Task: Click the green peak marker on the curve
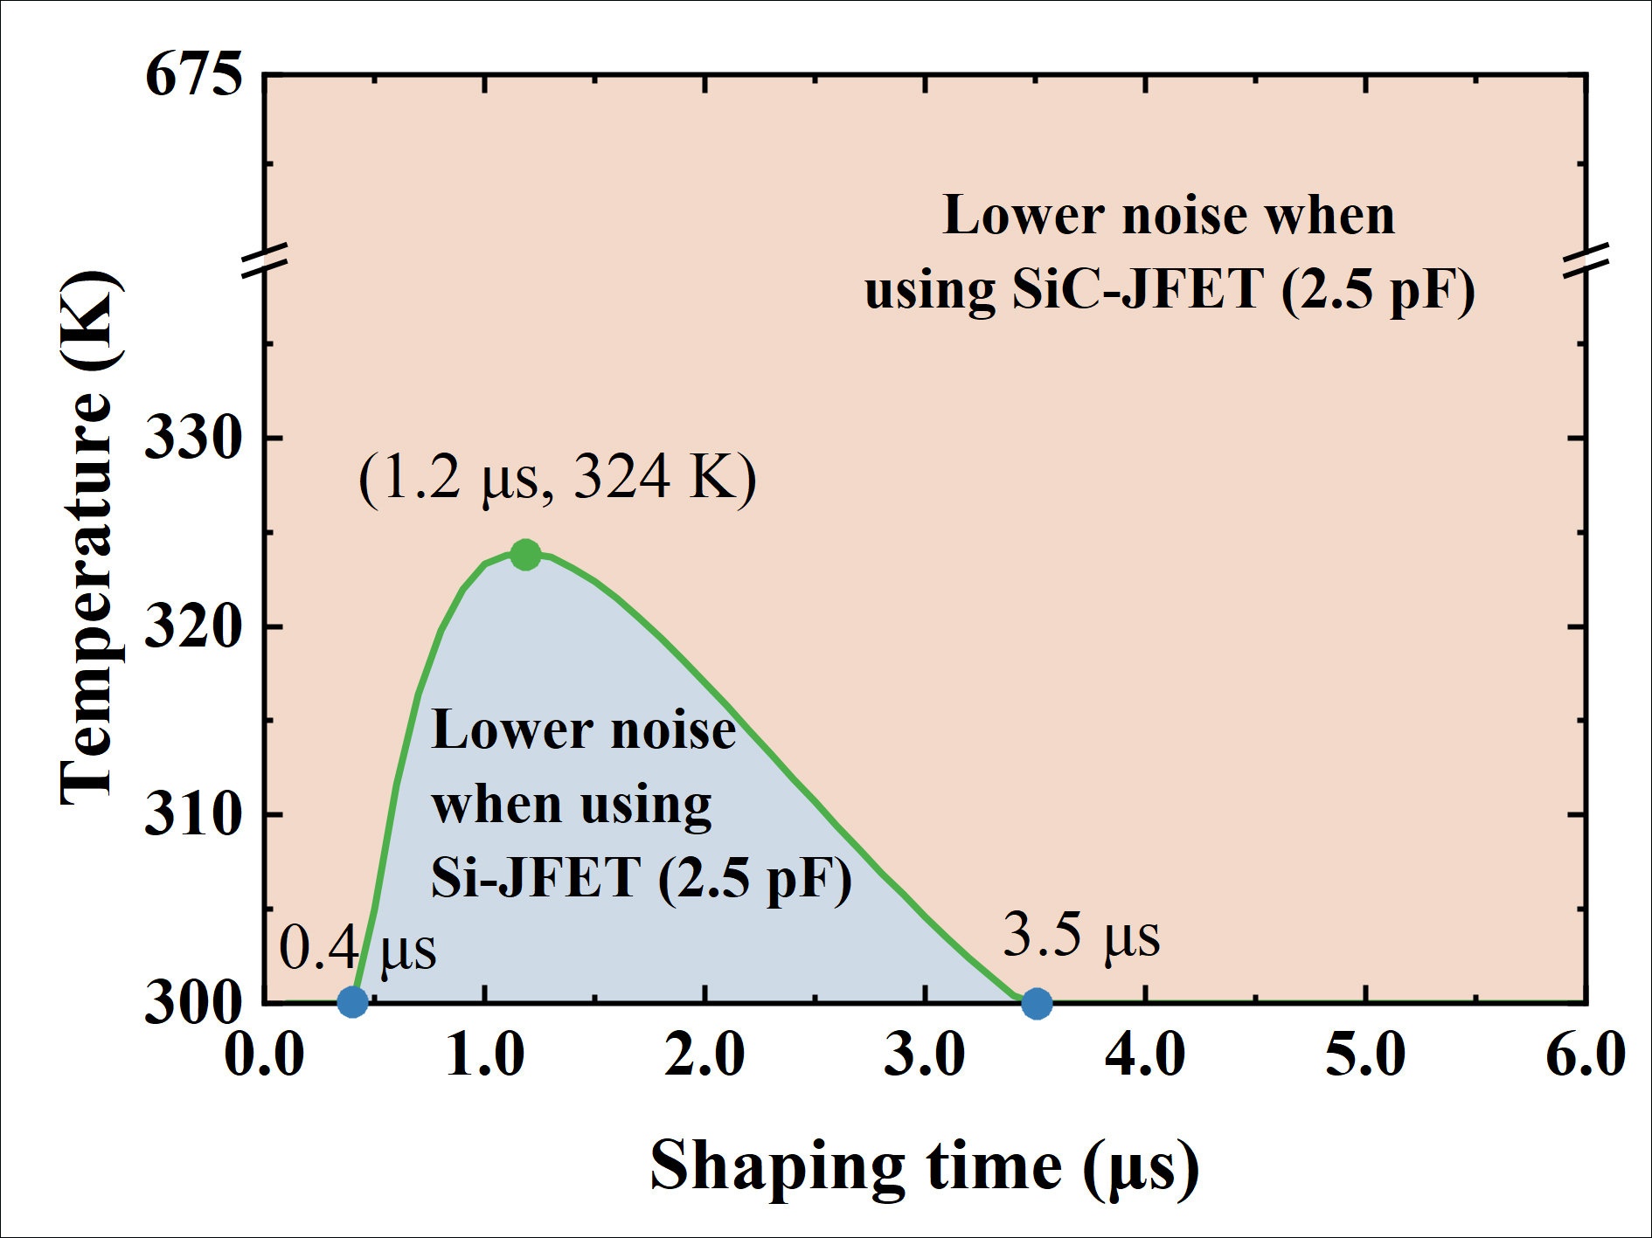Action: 525,554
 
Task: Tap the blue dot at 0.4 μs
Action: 352,1001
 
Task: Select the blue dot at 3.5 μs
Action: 1037,1003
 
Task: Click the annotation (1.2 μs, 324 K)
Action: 557,477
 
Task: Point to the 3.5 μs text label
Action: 1080,936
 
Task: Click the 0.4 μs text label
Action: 357,949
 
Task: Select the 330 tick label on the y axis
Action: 193,436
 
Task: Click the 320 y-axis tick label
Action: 193,626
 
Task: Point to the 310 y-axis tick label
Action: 193,814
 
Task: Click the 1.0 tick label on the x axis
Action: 485,1054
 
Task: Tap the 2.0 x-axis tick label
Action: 705,1054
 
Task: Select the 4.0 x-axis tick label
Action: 1145,1054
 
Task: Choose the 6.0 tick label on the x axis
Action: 1585,1054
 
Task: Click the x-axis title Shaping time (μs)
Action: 924,1166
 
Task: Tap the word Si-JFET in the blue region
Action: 536,877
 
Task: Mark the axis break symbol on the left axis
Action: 265,260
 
